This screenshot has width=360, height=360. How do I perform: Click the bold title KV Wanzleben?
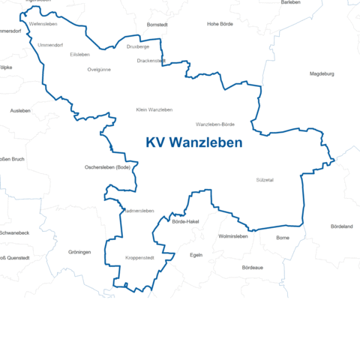tap(193, 143)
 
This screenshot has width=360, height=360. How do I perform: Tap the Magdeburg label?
tap(322, 73)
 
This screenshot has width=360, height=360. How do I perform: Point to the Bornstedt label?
tap(157, 25)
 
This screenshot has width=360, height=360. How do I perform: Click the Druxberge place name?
tap(138, 46)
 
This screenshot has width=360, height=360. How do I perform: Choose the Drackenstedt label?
tap(151, 60)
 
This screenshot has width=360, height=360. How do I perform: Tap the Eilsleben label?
tap(79, 55)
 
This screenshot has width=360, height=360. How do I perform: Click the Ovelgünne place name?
tap(99, 69)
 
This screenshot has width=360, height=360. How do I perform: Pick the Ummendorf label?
tap(51, 45)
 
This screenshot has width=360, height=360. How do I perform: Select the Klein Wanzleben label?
tap(154, 109)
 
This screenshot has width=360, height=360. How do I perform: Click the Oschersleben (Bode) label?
tap(108, 166)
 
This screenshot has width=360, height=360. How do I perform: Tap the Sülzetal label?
tap(265, 180)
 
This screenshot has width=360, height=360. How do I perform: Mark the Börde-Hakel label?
tap(185, 222)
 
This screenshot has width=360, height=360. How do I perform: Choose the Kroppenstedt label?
tap(139, 258)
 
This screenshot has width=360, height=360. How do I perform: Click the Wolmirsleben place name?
tap(232, 236)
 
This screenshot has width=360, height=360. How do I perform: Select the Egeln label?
tap(196, 255)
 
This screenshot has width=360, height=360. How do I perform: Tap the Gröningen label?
tap(79, 252)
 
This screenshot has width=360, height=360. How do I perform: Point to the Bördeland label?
tap(341, 226)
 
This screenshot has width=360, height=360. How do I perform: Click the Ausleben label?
tap(20, 110)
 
